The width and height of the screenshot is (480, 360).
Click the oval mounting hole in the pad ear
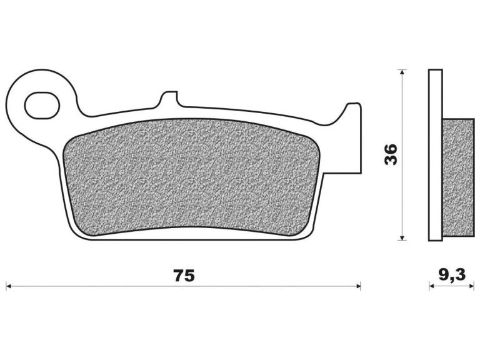(41, 105)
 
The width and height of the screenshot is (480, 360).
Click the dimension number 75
(184, 276)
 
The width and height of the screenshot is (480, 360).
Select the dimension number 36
(391, 154)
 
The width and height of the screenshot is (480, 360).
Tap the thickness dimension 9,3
(452, 274)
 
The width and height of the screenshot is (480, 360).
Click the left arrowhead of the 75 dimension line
(9, 286)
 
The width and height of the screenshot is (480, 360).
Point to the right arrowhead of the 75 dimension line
(359, 286)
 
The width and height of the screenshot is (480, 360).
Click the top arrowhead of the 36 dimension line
(402, 72)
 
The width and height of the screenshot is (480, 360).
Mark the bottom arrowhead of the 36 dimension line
(402, 238)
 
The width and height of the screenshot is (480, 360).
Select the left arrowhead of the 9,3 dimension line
(432, 286)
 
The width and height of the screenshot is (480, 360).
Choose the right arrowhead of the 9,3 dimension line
(471, 286)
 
